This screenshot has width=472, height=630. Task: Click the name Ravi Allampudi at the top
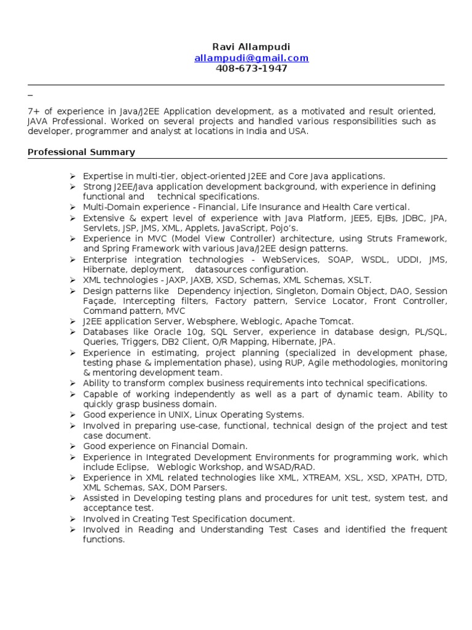point(251,47)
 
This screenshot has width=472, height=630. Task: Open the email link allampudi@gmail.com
point(251,58)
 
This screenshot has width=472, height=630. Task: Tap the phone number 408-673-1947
point(251,68)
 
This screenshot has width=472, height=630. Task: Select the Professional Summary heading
point(81,152)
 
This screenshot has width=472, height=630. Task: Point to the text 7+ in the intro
point(34,111)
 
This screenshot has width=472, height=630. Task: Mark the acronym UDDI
point(407,260)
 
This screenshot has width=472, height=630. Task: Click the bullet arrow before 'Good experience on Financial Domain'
point(73,446)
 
